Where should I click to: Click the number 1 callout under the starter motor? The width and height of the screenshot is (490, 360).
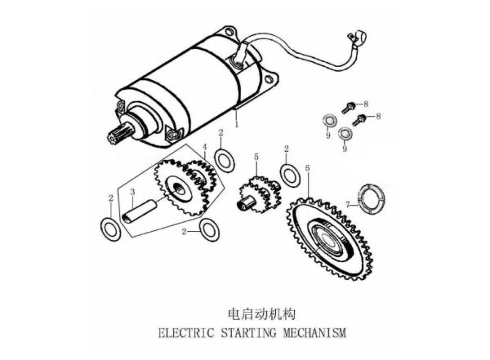237,124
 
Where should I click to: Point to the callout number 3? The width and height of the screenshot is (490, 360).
132,192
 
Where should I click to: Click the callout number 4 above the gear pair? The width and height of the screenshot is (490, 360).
205,147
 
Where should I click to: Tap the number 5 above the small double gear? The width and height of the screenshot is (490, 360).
256,157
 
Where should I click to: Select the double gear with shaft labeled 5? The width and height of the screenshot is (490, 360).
259,195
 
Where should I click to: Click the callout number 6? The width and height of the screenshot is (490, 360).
308,168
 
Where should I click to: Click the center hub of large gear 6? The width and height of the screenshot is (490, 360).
327,239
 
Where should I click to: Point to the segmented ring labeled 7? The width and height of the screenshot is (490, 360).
372,199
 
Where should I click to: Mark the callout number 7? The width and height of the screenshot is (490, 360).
348,205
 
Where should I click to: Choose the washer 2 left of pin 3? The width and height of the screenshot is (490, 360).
110,229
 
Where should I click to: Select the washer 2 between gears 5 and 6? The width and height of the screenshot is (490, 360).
290,176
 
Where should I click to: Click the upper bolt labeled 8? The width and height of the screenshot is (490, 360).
348,108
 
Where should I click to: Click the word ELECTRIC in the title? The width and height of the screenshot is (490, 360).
186,332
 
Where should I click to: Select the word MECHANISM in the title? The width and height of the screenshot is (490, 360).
314,332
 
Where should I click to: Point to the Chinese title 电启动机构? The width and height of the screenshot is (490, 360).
262,314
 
